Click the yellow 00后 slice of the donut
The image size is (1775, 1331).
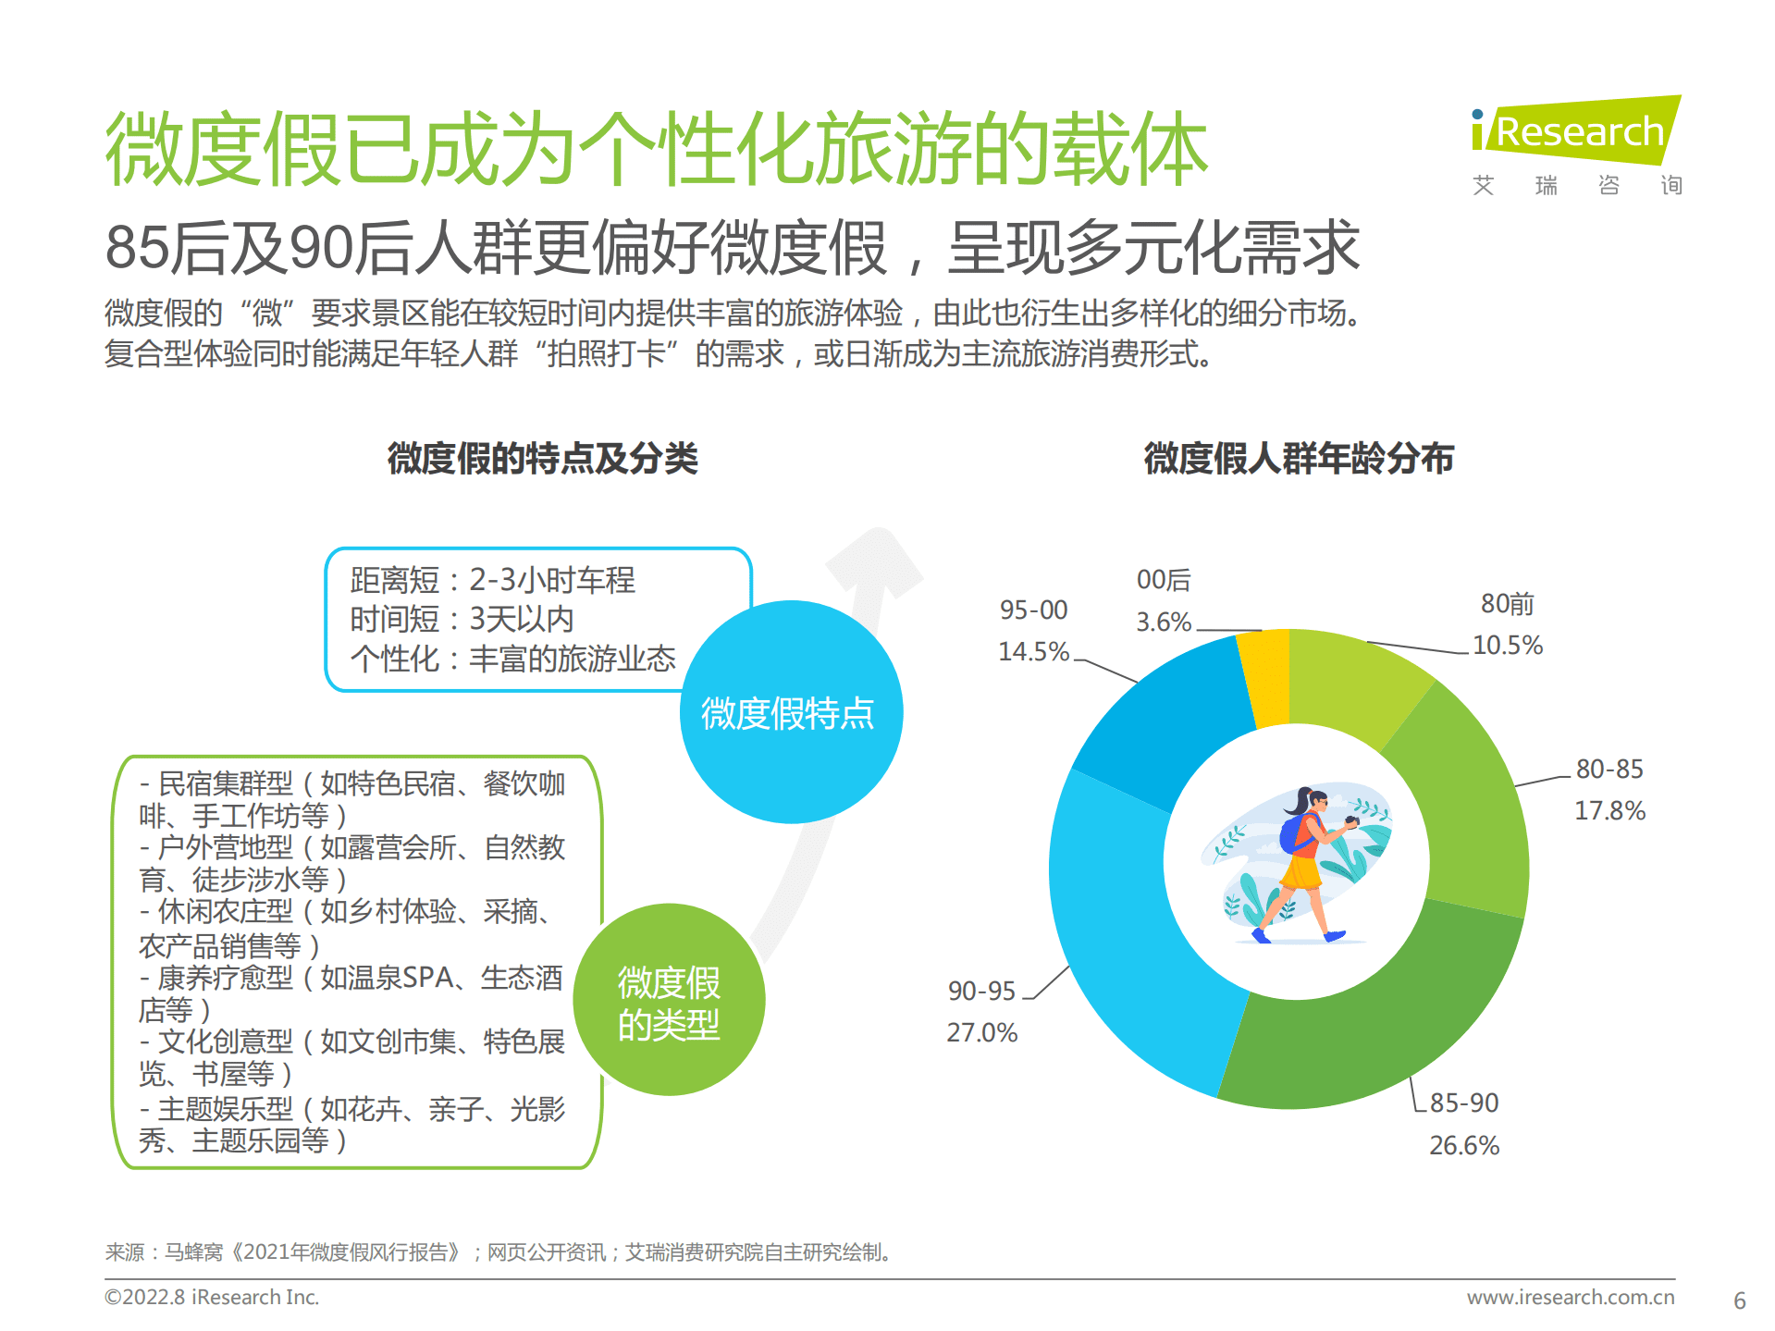1266,676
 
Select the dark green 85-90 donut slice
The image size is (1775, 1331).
1369,1027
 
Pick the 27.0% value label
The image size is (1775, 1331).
981,1032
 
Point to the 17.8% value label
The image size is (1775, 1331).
1609,811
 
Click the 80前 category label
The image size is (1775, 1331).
1507,604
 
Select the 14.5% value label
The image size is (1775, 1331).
1033,651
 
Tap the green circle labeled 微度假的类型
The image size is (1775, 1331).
669,1002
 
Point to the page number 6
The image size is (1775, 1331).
1739,1300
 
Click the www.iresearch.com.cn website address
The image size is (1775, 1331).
1570,1297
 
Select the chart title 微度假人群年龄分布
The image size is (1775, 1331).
1299,459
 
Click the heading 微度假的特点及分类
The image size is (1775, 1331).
542,459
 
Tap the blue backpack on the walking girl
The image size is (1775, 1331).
1292,835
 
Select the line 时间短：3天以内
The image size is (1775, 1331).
462,619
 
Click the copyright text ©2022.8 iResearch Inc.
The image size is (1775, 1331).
212,1297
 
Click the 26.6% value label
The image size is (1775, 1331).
1463,1145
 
